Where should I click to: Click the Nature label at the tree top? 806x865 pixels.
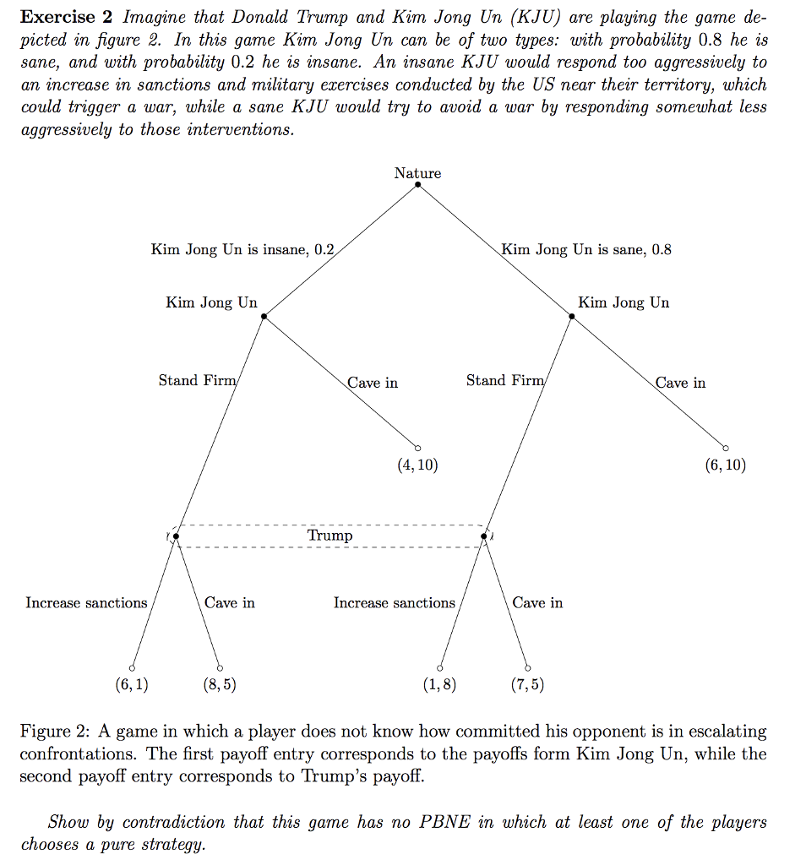[x=417, y=173]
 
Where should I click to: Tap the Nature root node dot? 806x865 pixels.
[x=418, y=185]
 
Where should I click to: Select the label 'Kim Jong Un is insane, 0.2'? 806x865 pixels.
[x=242, y=249]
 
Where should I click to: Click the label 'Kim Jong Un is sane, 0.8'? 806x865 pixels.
[x=586, y=249]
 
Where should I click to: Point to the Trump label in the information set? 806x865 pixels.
[x=330, y=536]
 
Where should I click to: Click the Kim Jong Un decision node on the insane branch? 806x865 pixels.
[x=264, y=316]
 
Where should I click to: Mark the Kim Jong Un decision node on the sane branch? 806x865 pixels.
[x=572, y=316]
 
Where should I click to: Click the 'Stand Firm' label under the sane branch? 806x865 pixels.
[x=505, y=381]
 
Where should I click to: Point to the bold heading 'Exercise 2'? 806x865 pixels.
[x=67, y=18]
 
